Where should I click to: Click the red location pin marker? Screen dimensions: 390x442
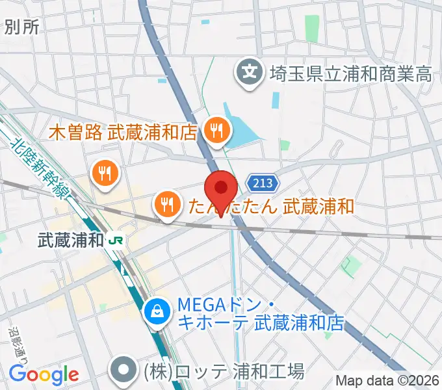(x=220, y=190)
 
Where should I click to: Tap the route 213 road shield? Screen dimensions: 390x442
(x=263, y=182)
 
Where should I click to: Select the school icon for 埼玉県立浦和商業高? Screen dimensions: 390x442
(x=250, y=71)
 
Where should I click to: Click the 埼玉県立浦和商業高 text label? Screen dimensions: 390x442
(x=352, y=73)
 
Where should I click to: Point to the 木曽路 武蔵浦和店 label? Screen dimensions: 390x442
(x=123, y=133)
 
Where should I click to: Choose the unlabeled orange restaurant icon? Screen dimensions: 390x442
(x=104, y=172)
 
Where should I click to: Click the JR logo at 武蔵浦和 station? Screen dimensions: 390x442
(x=117, y=240)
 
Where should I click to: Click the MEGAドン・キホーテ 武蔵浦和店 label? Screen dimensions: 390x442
(x=260, y=313)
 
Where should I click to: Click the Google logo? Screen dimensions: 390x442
(x=44, y=374)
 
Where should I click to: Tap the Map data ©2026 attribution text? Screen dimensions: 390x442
(x=388, y=380)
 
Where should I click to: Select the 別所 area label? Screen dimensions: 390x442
(x=21, y=26)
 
